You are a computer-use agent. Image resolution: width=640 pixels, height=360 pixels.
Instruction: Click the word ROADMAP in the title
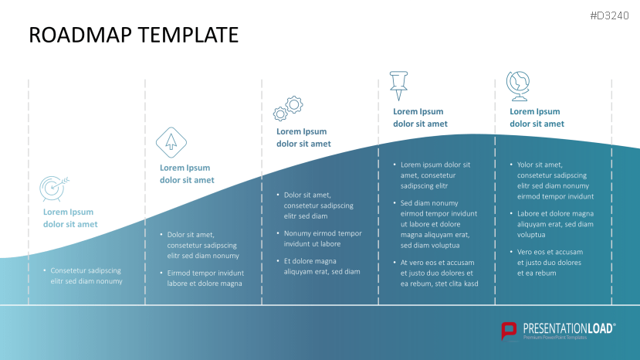click(80, 35)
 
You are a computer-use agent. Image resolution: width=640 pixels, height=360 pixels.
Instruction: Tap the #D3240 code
click(609, 16)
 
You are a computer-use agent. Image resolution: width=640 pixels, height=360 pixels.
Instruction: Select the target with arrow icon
click(54, 188)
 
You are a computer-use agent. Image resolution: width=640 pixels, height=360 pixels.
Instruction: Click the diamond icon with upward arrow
click(171, 143)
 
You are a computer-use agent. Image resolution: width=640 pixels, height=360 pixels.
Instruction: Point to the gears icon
click(288, 108)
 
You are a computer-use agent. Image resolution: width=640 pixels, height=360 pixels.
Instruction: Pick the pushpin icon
click(399, 86)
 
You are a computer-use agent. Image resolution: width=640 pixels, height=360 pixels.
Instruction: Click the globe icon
click(518, 86)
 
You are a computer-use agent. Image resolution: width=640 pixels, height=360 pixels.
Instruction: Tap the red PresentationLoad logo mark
click(509, 331)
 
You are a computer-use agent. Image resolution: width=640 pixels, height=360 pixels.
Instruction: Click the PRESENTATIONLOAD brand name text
click(569, 328)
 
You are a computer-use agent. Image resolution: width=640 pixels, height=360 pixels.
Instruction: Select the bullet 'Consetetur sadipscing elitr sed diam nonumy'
click(83, 276)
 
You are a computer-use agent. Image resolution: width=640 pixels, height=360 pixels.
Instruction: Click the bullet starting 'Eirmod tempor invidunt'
click(202, 278)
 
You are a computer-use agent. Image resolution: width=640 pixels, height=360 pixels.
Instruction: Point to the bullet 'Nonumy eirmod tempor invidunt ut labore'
click(320, 239)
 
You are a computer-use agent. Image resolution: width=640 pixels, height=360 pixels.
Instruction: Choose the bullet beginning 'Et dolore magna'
click(319, 267)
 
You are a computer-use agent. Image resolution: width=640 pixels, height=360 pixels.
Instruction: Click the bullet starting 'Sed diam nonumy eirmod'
click(435, 224)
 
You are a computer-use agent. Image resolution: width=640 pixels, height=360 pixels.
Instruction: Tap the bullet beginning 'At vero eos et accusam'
click(436, 273)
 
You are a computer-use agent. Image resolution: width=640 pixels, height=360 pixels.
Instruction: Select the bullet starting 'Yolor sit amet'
click(552, 181)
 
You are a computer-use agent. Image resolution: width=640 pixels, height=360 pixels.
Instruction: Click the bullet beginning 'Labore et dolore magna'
click(552, 224)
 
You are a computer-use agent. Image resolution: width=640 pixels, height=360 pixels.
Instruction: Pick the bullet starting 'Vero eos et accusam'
click(547, 263)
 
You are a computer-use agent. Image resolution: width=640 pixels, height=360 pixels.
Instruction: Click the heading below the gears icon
click(303, 138)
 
